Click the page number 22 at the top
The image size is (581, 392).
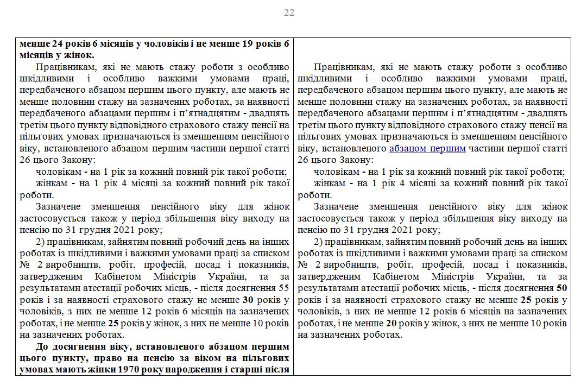pos(289,12)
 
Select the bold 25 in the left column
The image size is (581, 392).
pos(114,323)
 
